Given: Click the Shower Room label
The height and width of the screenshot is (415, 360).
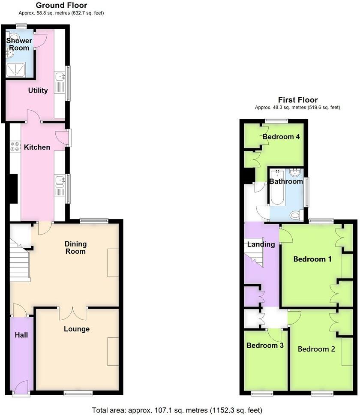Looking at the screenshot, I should pos(19,44).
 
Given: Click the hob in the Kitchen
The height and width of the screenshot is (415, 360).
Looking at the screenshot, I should pos(14,147).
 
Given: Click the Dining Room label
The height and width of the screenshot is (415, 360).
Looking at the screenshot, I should pos(75,247).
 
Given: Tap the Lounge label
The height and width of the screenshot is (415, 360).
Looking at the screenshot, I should pos(77,329).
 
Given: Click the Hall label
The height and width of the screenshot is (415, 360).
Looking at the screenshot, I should pos(21,334).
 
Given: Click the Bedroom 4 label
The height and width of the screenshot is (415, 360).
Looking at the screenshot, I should pos(281,137).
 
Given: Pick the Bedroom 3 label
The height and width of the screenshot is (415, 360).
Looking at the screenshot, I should pos(265,345).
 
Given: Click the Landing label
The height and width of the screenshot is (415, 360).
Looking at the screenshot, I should pos(261,244).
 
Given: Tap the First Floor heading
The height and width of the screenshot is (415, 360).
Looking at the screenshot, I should pos(297,100).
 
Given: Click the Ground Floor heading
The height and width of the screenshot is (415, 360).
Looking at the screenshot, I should pos(61,6).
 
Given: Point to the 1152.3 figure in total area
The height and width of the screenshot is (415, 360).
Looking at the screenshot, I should pos(225,410).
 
